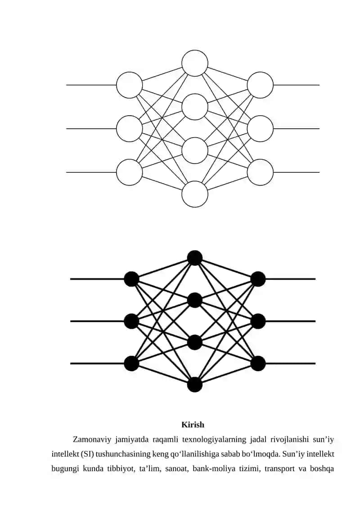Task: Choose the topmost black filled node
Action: [x=195, y=258]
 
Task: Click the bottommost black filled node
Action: [x=195, y=385]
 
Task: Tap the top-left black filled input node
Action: [x=132, y=279]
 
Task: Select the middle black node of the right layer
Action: [x=258, y=321]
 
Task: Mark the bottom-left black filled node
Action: [x=132, y=363]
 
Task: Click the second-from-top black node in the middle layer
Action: [x=195, y=300]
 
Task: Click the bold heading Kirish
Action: [x=193, y=424]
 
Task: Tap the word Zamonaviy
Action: [x=92, y=440]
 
